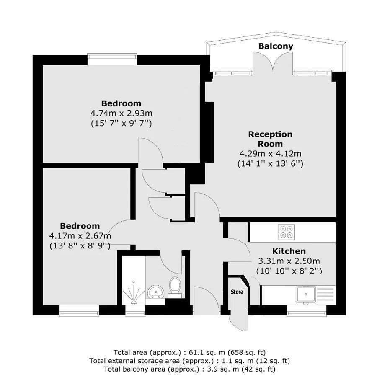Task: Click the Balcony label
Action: click(276, 46)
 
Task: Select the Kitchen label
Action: click(289, 251)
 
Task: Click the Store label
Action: click(237, 292)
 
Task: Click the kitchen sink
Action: click(305, 294)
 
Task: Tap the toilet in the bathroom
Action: click(175, 287)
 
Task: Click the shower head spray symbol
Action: click(134, 293)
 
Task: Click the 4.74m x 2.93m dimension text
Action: click(121, 113)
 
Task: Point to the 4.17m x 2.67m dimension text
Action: click(80, 236)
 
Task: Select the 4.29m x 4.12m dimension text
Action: click(270, 154)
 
